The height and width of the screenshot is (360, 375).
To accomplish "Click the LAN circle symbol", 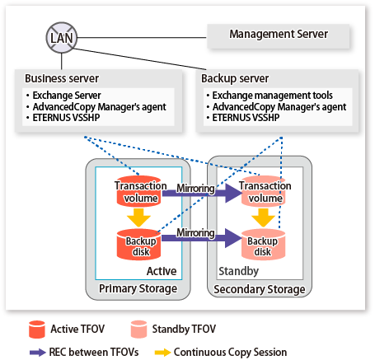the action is coord(62,38).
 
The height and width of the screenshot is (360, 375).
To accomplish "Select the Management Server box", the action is coord(278,36).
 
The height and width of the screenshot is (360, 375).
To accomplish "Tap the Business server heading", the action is coord(62,78).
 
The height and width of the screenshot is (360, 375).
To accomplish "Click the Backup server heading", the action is coord(235,78).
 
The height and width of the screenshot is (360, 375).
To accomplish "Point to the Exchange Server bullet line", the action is coord(63,96).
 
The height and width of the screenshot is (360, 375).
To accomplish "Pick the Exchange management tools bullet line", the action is coord(270,96).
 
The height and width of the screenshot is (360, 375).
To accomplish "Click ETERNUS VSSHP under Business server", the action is coord(63,118).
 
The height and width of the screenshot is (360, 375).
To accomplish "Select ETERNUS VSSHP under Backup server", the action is coord(243,118).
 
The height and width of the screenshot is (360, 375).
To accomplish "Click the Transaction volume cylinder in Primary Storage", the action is coord(138,191).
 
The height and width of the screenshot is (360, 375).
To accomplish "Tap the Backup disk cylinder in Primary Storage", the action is coord(138,245).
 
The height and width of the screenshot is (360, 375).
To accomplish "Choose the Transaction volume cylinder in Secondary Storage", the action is coord(263,191).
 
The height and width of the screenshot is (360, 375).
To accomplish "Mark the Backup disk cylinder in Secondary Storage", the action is coord(263,245).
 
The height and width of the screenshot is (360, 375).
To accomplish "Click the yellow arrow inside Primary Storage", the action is coord(138,217).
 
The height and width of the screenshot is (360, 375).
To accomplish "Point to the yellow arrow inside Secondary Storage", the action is coord(263,217).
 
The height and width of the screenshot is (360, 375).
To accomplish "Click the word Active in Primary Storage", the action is coord(162,271).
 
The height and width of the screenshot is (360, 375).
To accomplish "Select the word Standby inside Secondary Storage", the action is coord(238,271).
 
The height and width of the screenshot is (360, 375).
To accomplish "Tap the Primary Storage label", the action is coord(138,288).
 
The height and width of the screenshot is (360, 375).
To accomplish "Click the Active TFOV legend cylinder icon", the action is coord(37,330).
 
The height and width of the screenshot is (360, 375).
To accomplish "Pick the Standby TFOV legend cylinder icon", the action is coord(138,330).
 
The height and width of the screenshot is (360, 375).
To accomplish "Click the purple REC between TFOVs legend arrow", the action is coord(38,353).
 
